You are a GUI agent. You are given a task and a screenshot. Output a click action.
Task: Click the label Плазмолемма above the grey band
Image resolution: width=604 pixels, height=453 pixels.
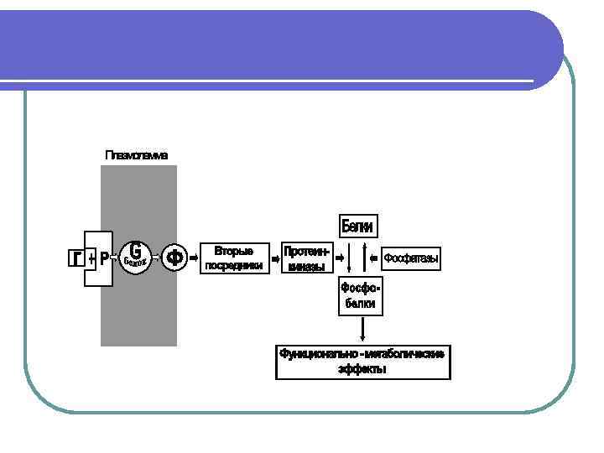137,155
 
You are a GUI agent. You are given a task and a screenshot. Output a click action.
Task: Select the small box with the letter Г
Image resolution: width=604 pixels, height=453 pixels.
75,258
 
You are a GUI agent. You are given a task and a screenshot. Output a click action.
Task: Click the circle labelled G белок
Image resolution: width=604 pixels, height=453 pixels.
136,255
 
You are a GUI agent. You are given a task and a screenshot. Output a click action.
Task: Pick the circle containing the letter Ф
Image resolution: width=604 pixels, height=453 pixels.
174,258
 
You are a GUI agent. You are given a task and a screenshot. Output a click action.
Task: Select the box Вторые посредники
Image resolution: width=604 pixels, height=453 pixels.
234,258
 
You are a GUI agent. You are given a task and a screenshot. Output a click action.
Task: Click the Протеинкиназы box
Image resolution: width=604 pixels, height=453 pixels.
306,258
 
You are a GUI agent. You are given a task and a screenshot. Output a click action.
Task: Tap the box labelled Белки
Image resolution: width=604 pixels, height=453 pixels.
357,226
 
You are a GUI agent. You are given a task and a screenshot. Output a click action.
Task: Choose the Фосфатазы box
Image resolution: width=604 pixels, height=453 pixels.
411,258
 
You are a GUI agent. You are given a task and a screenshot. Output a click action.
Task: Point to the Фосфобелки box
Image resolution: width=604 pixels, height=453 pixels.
360,296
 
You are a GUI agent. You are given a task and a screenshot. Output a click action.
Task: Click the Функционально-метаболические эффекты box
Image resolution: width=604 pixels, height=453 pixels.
362,361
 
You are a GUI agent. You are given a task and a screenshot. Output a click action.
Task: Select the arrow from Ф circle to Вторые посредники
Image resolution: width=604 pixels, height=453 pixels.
195,258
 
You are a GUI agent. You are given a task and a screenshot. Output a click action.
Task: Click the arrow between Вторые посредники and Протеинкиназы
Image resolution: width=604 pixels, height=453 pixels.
274,258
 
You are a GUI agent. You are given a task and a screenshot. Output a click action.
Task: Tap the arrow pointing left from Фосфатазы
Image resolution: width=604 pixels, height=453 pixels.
374,258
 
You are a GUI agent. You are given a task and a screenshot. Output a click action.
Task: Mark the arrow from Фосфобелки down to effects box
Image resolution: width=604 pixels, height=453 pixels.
362,329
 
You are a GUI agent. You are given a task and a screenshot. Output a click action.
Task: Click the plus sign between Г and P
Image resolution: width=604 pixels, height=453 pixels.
91,258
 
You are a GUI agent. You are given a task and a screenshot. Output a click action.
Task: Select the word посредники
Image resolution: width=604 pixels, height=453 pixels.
234,265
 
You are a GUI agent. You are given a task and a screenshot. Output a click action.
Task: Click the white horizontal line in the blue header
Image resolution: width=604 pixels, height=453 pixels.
268,81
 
